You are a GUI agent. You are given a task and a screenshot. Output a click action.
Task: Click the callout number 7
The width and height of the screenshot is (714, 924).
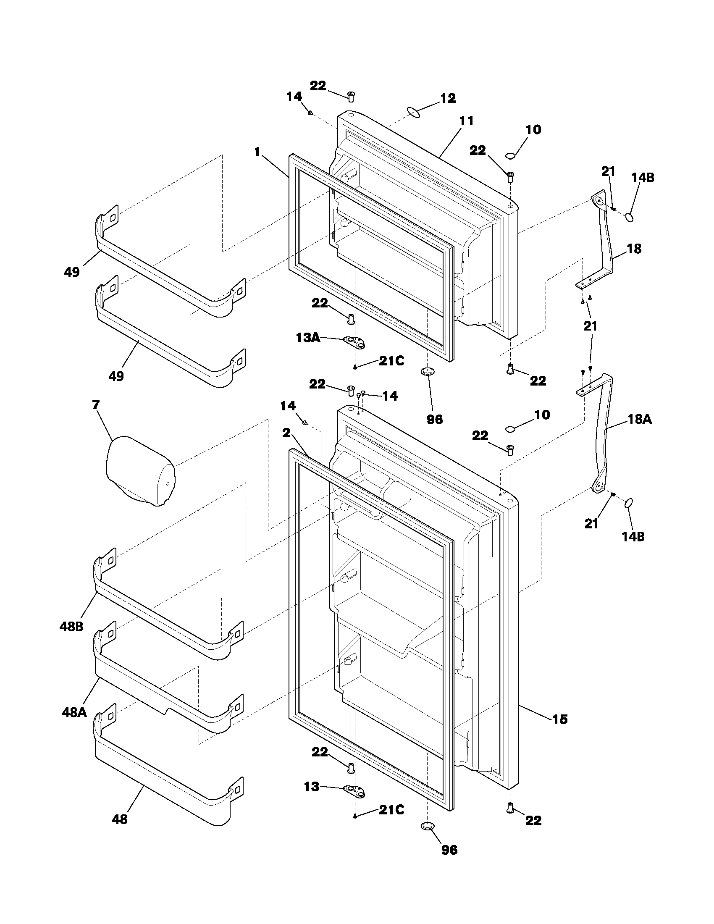coord(96,405)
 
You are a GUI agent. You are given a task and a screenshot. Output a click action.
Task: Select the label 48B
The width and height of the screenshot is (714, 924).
coord(71,626)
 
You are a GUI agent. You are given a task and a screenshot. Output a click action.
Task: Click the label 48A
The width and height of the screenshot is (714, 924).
coord(74,712)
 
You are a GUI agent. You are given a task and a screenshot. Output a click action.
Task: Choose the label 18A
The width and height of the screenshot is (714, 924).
coord(639,419)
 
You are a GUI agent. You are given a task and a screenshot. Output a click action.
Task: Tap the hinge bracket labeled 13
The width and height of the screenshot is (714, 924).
coord(354,790)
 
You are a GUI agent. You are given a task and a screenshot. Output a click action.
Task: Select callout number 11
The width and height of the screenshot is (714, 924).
coord(467,121)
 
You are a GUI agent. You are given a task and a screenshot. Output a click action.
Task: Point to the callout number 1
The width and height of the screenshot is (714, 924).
coord(257,152)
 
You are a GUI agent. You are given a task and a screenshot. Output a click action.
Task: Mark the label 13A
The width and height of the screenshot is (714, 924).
coord(307,337)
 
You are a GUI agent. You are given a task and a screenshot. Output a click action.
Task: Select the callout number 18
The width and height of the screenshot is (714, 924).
coord(634,249)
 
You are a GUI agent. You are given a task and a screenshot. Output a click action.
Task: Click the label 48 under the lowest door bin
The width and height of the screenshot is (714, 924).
coord(120,819)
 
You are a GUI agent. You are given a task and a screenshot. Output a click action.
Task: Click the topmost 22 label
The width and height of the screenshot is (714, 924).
coord(318,86)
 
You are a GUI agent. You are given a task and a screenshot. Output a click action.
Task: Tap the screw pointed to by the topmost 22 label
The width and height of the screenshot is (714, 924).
coord(351,96)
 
